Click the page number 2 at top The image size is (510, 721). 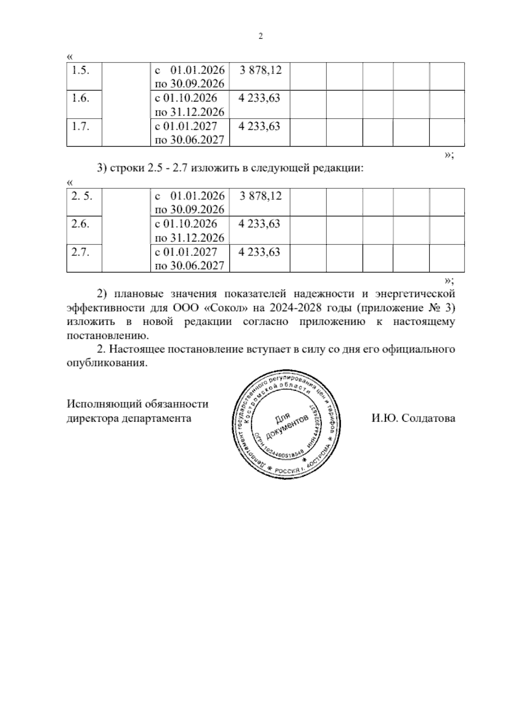[x=261, y=37]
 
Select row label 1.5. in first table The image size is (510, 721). [x=80, y=71]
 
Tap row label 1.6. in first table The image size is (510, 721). [x=80, y=98]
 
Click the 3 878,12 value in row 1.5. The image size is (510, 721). [x=261, y=71]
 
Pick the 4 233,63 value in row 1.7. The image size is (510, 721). [x=259, y=126]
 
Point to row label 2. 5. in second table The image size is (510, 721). [x=82, y=196]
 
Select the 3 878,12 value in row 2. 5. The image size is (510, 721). [x=261, y=196]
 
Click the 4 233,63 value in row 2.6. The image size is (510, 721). [x=259, y=224]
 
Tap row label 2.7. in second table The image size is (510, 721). [x=80, y=252]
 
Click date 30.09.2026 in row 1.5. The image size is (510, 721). [x=197, y=84]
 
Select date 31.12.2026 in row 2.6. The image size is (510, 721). [x=197, y=237]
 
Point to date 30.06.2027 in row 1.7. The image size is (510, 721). [x=197, y=140]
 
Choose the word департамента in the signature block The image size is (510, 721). [x=156, y=418]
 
